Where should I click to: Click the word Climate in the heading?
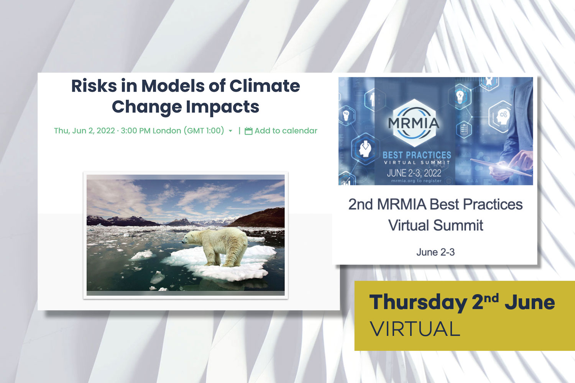point(264,86)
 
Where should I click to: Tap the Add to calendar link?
point(286,131)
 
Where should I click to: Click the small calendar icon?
point(248,131)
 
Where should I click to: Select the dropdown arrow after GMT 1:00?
point(230,131)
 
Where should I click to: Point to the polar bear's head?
point(189,238)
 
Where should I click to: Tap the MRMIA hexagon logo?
point(414,123)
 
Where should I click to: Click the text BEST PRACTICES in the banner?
point(417,155)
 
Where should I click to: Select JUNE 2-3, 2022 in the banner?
point(414,173)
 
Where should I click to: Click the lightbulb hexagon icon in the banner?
point(460,96)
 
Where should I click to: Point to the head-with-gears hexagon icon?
point(501,116)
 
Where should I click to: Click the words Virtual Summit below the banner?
point(435,225)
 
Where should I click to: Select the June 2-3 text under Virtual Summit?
point(435,252)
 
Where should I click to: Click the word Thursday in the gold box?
point(418,303)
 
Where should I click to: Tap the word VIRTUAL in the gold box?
point(415,329)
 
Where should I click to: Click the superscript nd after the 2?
point(491,298)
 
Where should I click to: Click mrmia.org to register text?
point(416,181)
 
